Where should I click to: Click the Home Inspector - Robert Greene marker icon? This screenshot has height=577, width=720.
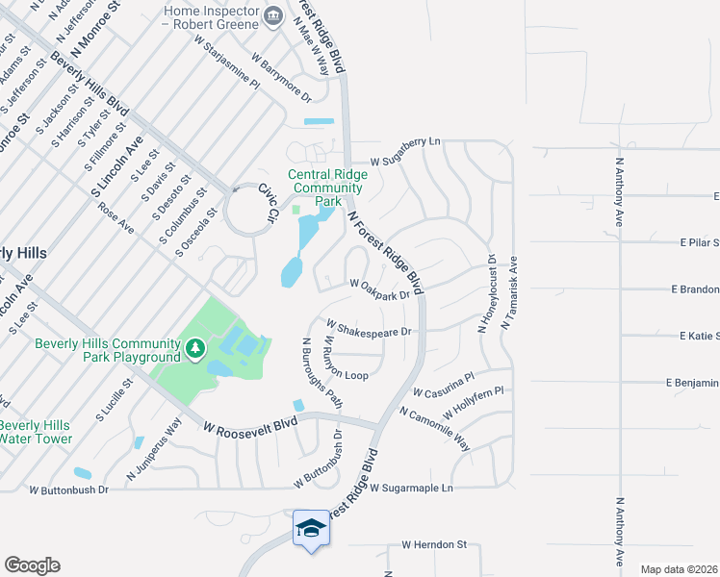[272, 14]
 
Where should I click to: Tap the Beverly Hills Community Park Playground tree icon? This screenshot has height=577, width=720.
[195, 347]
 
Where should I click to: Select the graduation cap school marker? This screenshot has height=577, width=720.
[311, 528]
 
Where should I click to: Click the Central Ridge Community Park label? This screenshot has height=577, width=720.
[327, 188]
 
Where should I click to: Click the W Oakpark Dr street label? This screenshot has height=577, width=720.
[379, 287]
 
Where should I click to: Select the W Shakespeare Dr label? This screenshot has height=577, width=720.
[369, 328]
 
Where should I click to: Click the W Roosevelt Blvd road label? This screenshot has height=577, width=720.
[248, 422]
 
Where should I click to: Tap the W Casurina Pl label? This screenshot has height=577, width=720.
[443, 386]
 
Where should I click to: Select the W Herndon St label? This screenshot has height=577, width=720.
[433, 544]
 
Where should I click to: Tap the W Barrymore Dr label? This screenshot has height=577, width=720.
[281, 78]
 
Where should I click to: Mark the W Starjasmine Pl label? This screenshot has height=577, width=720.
[227, 63]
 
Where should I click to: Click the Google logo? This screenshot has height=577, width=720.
[32, 565]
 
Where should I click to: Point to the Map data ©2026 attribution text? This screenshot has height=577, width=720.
[678, 569]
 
